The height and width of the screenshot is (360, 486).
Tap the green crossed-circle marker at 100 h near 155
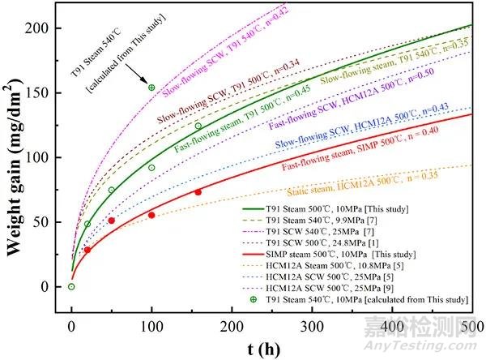pyautogui.click(x=151, y=87)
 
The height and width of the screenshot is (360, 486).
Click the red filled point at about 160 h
pyautogui.click(x=198, y=192)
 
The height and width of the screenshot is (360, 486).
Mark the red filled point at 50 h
pyautogui.click(x=112, y=221)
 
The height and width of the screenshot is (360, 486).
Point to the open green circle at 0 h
pyautogui.click(x=71, y=286)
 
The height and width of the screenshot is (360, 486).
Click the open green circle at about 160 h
pyautogui.click(x=198, y=126)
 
